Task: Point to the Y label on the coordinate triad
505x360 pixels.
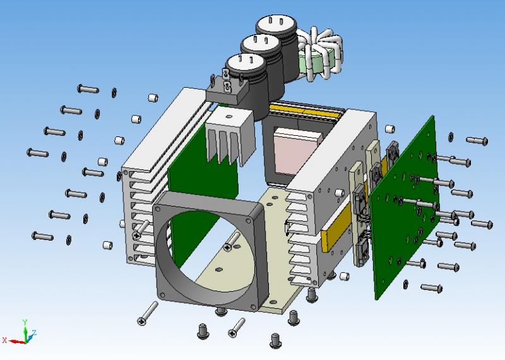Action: tap(25, 321)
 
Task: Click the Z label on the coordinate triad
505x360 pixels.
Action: tap(34, 332)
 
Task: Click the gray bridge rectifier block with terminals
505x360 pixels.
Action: tap(227, 91)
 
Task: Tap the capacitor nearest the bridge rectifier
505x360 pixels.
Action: tap(248, 84)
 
